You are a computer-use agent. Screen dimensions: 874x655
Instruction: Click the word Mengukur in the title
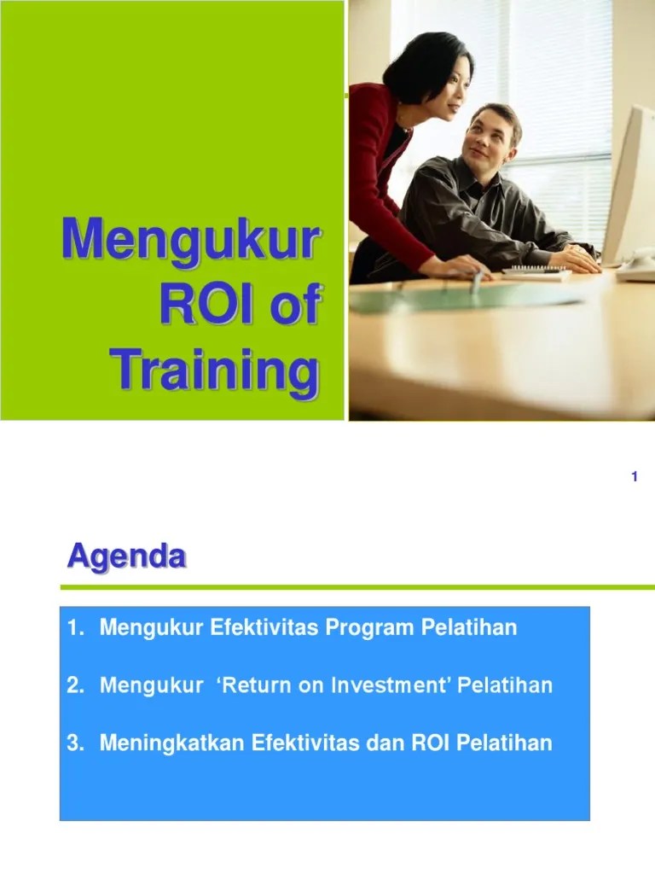point(190,240)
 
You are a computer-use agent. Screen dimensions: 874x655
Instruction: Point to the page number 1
point(635,476)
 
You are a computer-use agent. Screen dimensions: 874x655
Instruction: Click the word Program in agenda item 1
point(376,628)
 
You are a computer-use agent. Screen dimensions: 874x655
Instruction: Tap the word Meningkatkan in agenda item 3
point(172,743)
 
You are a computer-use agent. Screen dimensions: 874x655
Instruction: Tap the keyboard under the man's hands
point(536,273)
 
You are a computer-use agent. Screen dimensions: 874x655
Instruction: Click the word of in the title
point(296,306)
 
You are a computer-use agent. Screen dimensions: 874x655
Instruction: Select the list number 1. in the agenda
point(76,628)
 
